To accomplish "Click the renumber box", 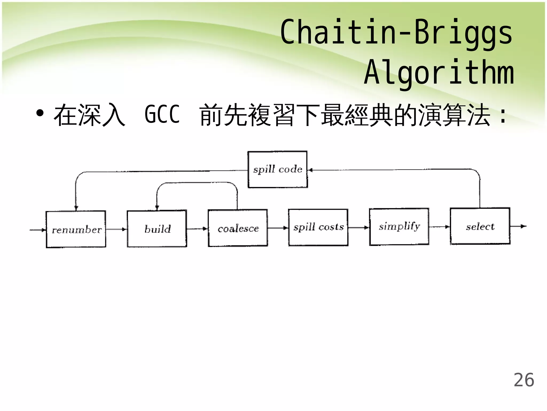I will [x=76, y=229].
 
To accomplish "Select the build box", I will [x=157, y=229].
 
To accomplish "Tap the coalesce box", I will [x=238, y=228].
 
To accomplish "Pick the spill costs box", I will [x=318, y=227].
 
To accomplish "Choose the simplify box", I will [x=399, y=227].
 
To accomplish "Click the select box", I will [x=480, y=226].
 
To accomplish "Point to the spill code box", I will [x=278, y=169].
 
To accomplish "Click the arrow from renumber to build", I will [x=116, y=229].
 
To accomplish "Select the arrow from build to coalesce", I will [x=197, y=229].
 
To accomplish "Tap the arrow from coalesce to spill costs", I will [x=278, y=228].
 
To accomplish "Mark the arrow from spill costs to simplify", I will [x=359, y=228].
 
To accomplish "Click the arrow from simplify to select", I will [x=440, y=227].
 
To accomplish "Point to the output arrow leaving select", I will [x=518, y=226].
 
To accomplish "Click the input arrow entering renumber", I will [x=38, y=230].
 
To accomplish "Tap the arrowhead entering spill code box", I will [x=310, y=170].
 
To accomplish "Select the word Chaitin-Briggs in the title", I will [x=396, y=32].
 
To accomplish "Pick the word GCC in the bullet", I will [x=162, y=115].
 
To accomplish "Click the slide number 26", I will [x=524, y=380].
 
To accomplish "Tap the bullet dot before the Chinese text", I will [x=40, y=113].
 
